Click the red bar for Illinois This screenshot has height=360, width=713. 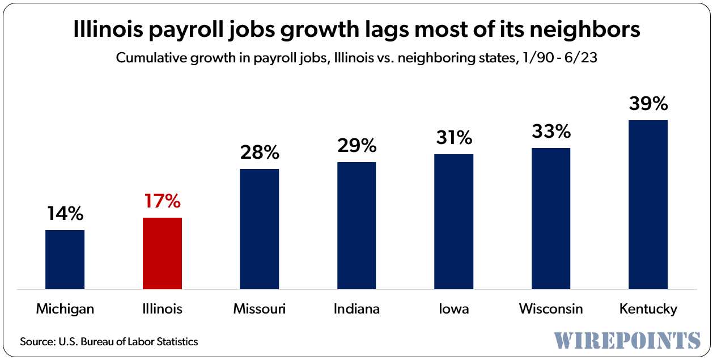pyautogui.click(x=162, y=253)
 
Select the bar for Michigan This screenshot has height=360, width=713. pyautogui.click(x=65, y=259)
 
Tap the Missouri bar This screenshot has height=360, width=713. pyautogui.click(x=260, y=228)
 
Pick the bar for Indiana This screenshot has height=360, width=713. pyautogui.click(x=356, y=225)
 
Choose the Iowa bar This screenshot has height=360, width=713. pyautogui.click(x=453, y=221)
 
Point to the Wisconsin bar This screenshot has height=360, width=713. pyautogui.click(x=551, y=218)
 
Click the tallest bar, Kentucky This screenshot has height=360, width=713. pyautogui.click(x=648, y=204)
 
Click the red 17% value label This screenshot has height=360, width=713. pyautogui.click(x=162, y=201)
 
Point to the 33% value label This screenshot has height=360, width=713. pyautogui.click(x=551, y=131)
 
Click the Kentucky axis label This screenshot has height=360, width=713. pyautogui.click(x=648, y=309)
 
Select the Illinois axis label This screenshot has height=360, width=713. pyautogui.click(x=162, y=309)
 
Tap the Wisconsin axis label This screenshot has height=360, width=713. pyautogui.click(x=551, y=309)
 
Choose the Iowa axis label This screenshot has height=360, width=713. pyautogui.click(x=453, y=309)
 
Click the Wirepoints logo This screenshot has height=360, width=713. pyautogui.click(x=627, y=340)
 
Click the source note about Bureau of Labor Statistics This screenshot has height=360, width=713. pyautogui.click(x=109, y=342)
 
